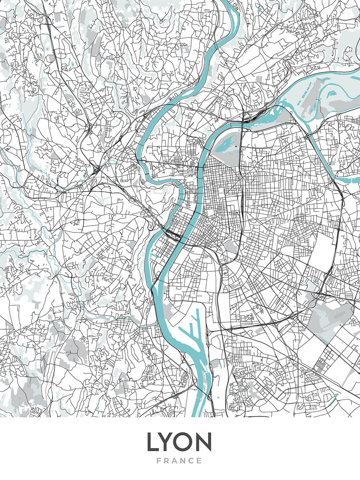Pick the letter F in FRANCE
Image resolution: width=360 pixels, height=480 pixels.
point(159,461)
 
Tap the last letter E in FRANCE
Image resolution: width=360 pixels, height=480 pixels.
point(199,461)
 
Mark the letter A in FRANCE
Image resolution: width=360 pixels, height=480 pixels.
point(175,461)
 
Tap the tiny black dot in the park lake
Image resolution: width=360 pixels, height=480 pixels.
point(236,147)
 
